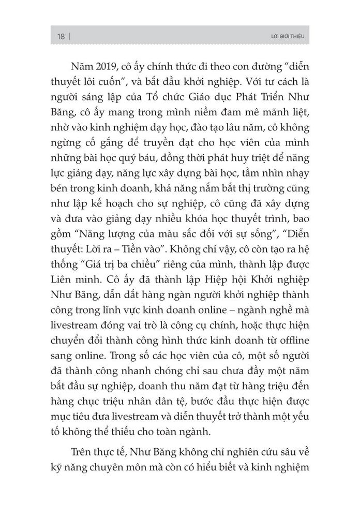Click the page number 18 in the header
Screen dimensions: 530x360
tap(61, 37)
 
